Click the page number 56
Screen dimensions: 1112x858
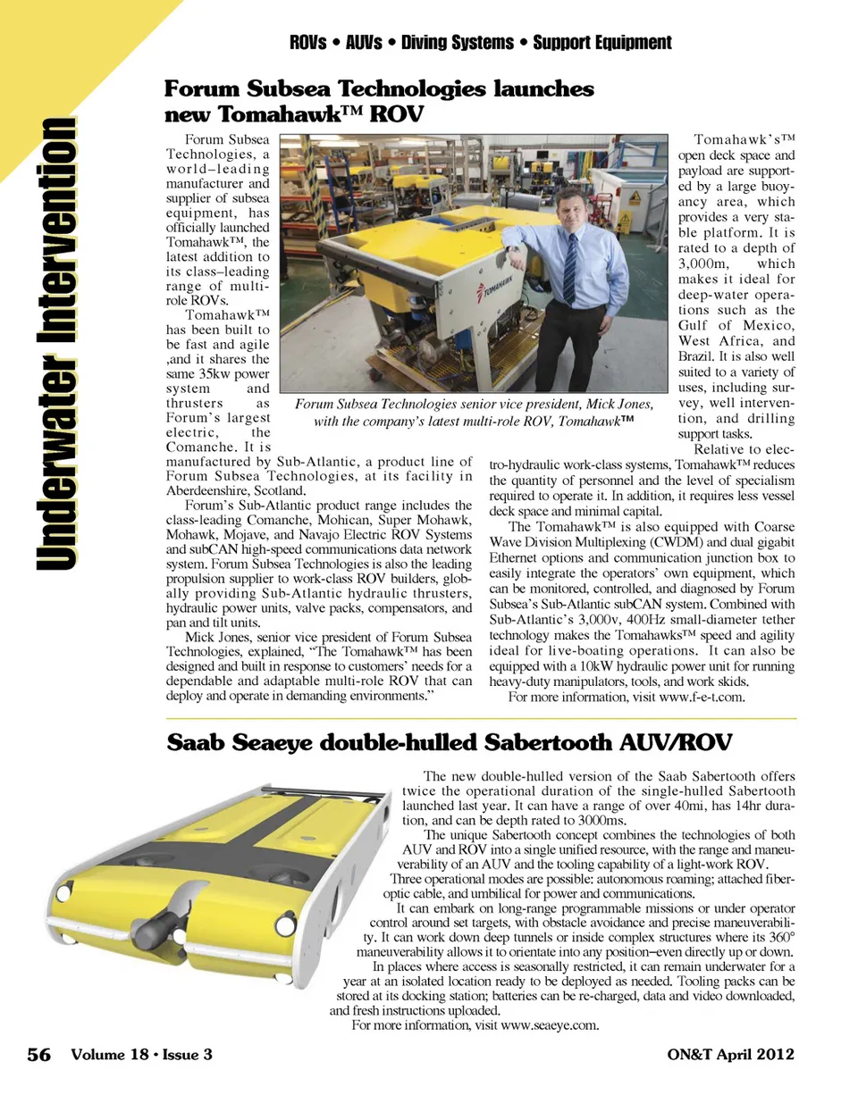tap(38, 1055)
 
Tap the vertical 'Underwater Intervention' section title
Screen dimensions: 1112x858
tap(56, 343)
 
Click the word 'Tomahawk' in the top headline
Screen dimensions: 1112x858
tap(269, 114)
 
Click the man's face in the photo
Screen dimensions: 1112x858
tap(571, 206)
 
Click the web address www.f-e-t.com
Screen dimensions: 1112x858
tap(701, 698)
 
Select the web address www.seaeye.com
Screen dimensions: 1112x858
tap(549, 1025)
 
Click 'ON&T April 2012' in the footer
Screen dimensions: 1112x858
tap(730, 1054)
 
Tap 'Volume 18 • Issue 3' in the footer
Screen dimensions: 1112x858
tap(141, 1054)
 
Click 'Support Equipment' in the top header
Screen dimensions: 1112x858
tap(601, 42)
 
